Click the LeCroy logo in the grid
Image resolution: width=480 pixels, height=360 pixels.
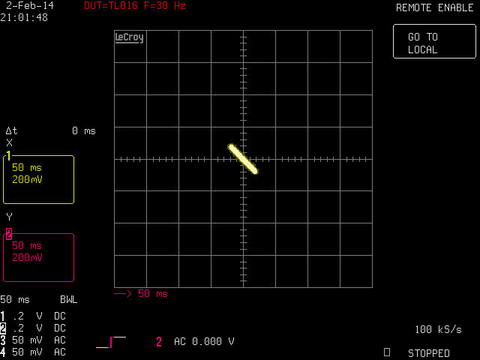coord(129,37)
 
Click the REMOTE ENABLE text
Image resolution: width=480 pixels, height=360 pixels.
coord(435,7)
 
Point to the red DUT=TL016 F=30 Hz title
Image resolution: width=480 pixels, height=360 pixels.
coord(135,5)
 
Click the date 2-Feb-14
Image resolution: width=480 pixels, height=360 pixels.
coord(30,5)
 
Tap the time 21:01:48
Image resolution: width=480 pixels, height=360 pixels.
coord(24,17)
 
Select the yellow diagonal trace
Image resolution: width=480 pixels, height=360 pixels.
coord(243,159)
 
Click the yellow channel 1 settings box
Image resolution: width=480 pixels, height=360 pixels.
coord(38,179)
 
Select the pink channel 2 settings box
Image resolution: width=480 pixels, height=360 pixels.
coord(38,257)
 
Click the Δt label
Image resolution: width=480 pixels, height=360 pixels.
coord(12,130)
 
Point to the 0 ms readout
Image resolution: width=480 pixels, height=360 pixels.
coord(84,130)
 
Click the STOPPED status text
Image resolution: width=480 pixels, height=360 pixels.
coord(428,353)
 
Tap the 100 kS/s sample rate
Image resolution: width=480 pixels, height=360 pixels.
coord(438,329)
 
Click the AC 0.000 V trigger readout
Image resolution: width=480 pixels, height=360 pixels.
coord(204,341)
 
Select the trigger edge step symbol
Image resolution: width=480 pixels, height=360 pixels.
coord(111,342)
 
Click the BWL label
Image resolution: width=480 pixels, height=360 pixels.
coord(68,299)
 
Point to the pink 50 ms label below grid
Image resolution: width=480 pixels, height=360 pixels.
coord(153,293)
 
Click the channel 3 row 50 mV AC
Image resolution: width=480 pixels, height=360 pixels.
coord(33,340)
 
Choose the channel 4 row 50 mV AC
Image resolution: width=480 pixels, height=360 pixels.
coord(33,352)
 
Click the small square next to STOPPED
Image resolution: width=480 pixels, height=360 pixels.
coord(387,352)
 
